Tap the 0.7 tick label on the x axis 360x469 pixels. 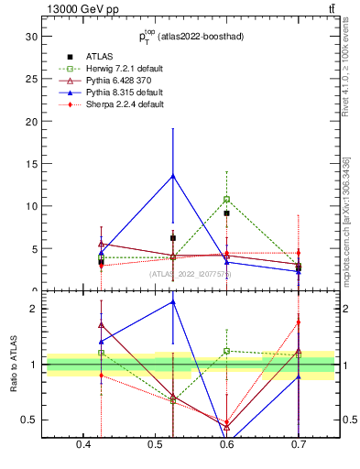[298, 445]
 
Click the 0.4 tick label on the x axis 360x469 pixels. [84, 445]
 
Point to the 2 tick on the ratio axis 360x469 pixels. [34, 309]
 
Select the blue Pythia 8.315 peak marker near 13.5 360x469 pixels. [172, 176]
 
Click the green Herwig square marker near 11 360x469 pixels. [226, 199]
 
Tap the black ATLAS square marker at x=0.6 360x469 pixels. [226, 213]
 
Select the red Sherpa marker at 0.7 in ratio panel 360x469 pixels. [298, 322]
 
